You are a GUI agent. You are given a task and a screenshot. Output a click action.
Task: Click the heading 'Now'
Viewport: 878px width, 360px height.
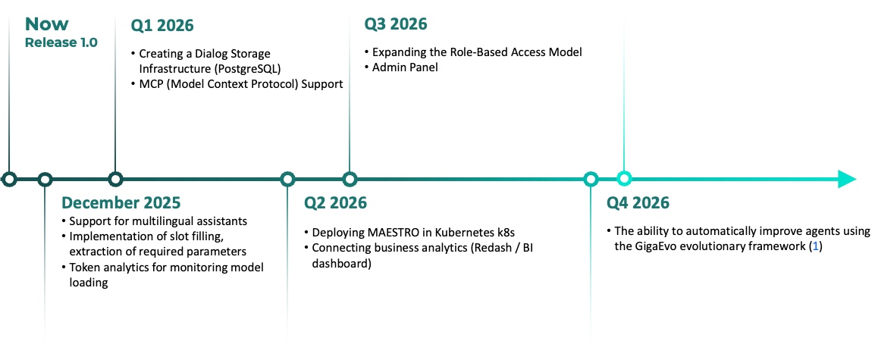coord(47,24)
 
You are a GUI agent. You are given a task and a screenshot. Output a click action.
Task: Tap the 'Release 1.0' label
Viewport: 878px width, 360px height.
coord(61,42)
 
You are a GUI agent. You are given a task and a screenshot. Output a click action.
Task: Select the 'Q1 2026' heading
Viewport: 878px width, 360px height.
coord(162,26)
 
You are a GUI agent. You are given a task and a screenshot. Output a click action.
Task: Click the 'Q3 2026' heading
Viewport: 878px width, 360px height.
coord(396,24)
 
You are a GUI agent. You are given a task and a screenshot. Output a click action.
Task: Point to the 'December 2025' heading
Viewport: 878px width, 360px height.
coord(121,202)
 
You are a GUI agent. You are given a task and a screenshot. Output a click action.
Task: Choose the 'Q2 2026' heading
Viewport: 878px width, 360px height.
coord(335,202)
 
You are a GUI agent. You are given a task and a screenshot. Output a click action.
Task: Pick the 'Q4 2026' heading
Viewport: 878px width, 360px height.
coord(638,202)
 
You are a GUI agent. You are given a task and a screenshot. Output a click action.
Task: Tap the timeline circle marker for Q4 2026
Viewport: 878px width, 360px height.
coord(624,180)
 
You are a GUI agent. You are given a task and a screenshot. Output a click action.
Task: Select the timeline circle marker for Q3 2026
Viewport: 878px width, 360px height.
coord(350,180)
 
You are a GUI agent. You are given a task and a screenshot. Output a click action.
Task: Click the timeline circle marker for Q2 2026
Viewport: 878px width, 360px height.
coord(287,180)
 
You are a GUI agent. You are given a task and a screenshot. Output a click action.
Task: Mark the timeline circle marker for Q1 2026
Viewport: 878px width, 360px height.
coord(115,180)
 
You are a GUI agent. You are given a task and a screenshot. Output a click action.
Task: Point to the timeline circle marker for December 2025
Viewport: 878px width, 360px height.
coord(45,180)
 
